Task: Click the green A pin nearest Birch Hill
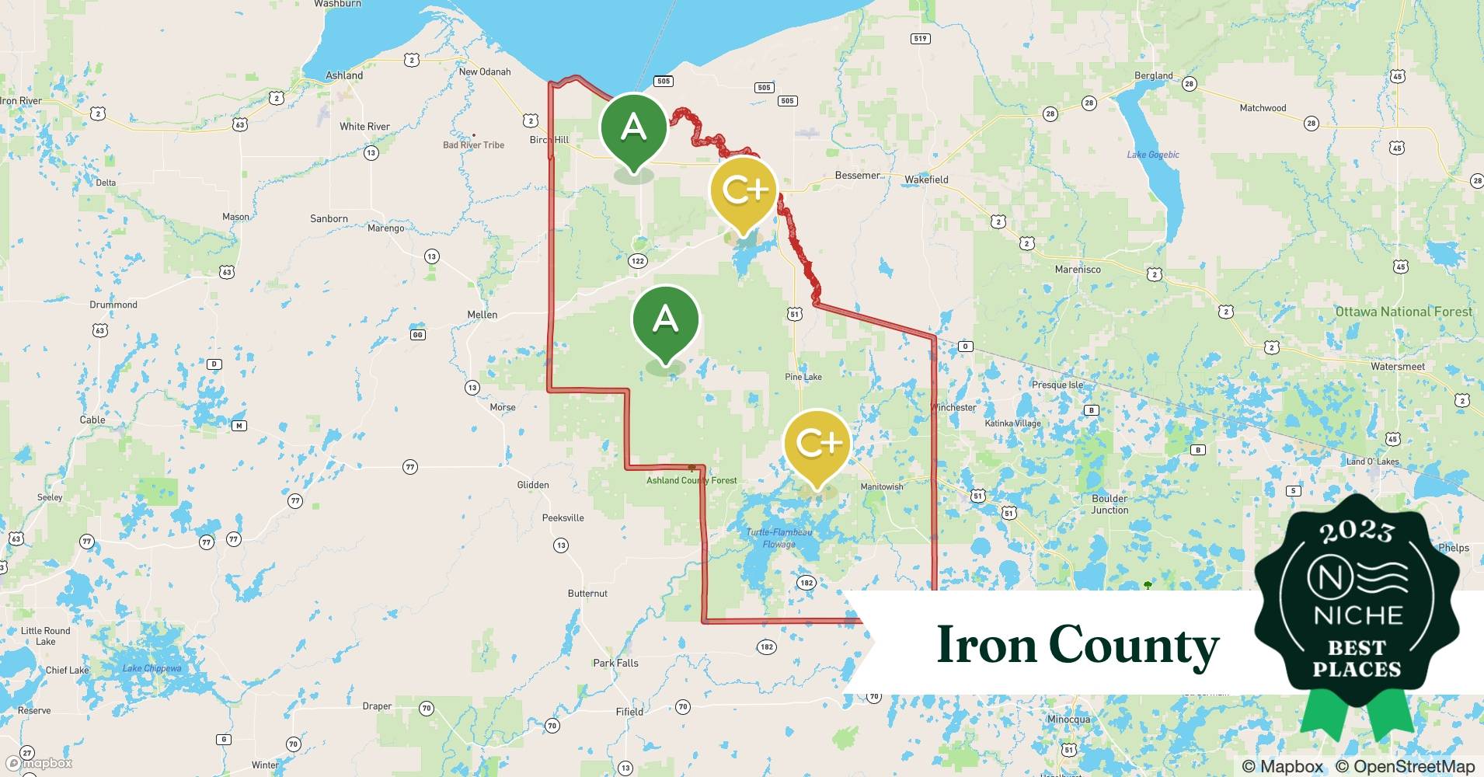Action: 634,128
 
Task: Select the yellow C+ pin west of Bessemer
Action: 744,191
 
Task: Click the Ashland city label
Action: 344,75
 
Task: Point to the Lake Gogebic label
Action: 1153,155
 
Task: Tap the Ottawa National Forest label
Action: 1403,312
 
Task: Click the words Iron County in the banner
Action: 1078,645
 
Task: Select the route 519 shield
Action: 921,39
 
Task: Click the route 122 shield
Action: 638,261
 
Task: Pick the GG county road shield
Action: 418,335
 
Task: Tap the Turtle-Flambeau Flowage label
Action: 779,538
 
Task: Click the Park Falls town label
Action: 615,663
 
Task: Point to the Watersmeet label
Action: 1398,367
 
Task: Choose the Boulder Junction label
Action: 1110,504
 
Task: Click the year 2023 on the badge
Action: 1357,531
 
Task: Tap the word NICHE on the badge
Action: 1358,615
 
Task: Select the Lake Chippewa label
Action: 152,668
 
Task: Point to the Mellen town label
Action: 482,315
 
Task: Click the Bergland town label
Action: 1154,75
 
